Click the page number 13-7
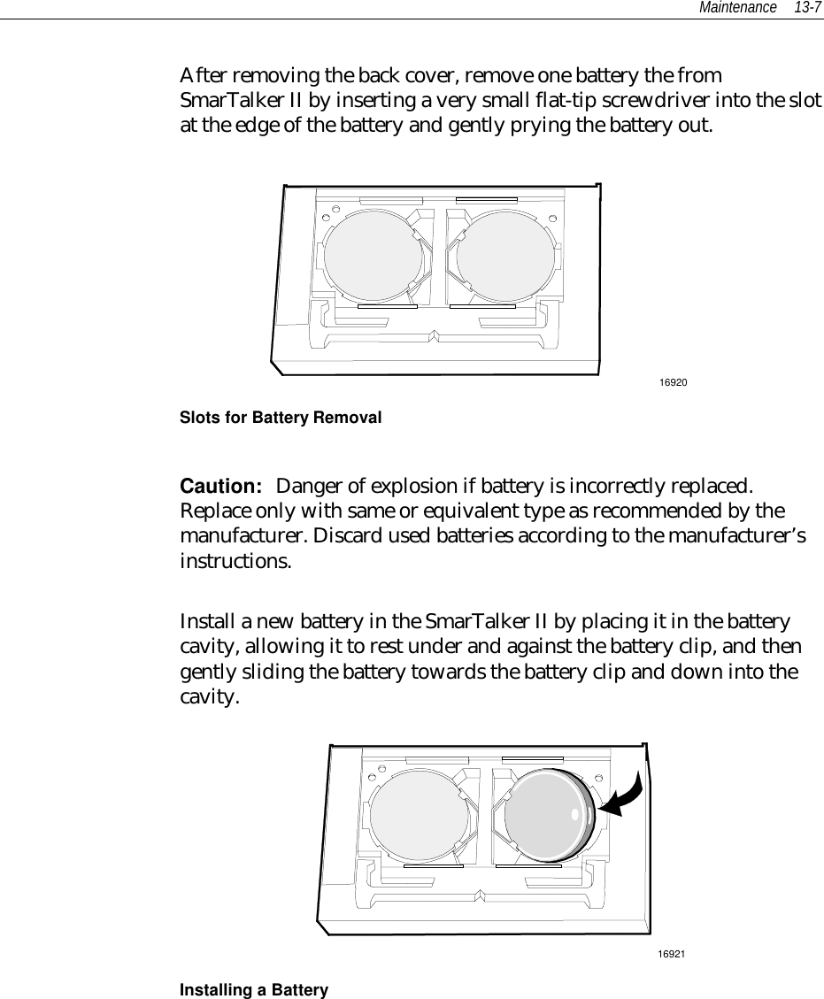point(807,8)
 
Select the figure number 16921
point(672,953)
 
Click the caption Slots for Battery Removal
point(281,417)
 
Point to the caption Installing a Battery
point(254,990)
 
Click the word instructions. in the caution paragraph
point(233,562)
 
